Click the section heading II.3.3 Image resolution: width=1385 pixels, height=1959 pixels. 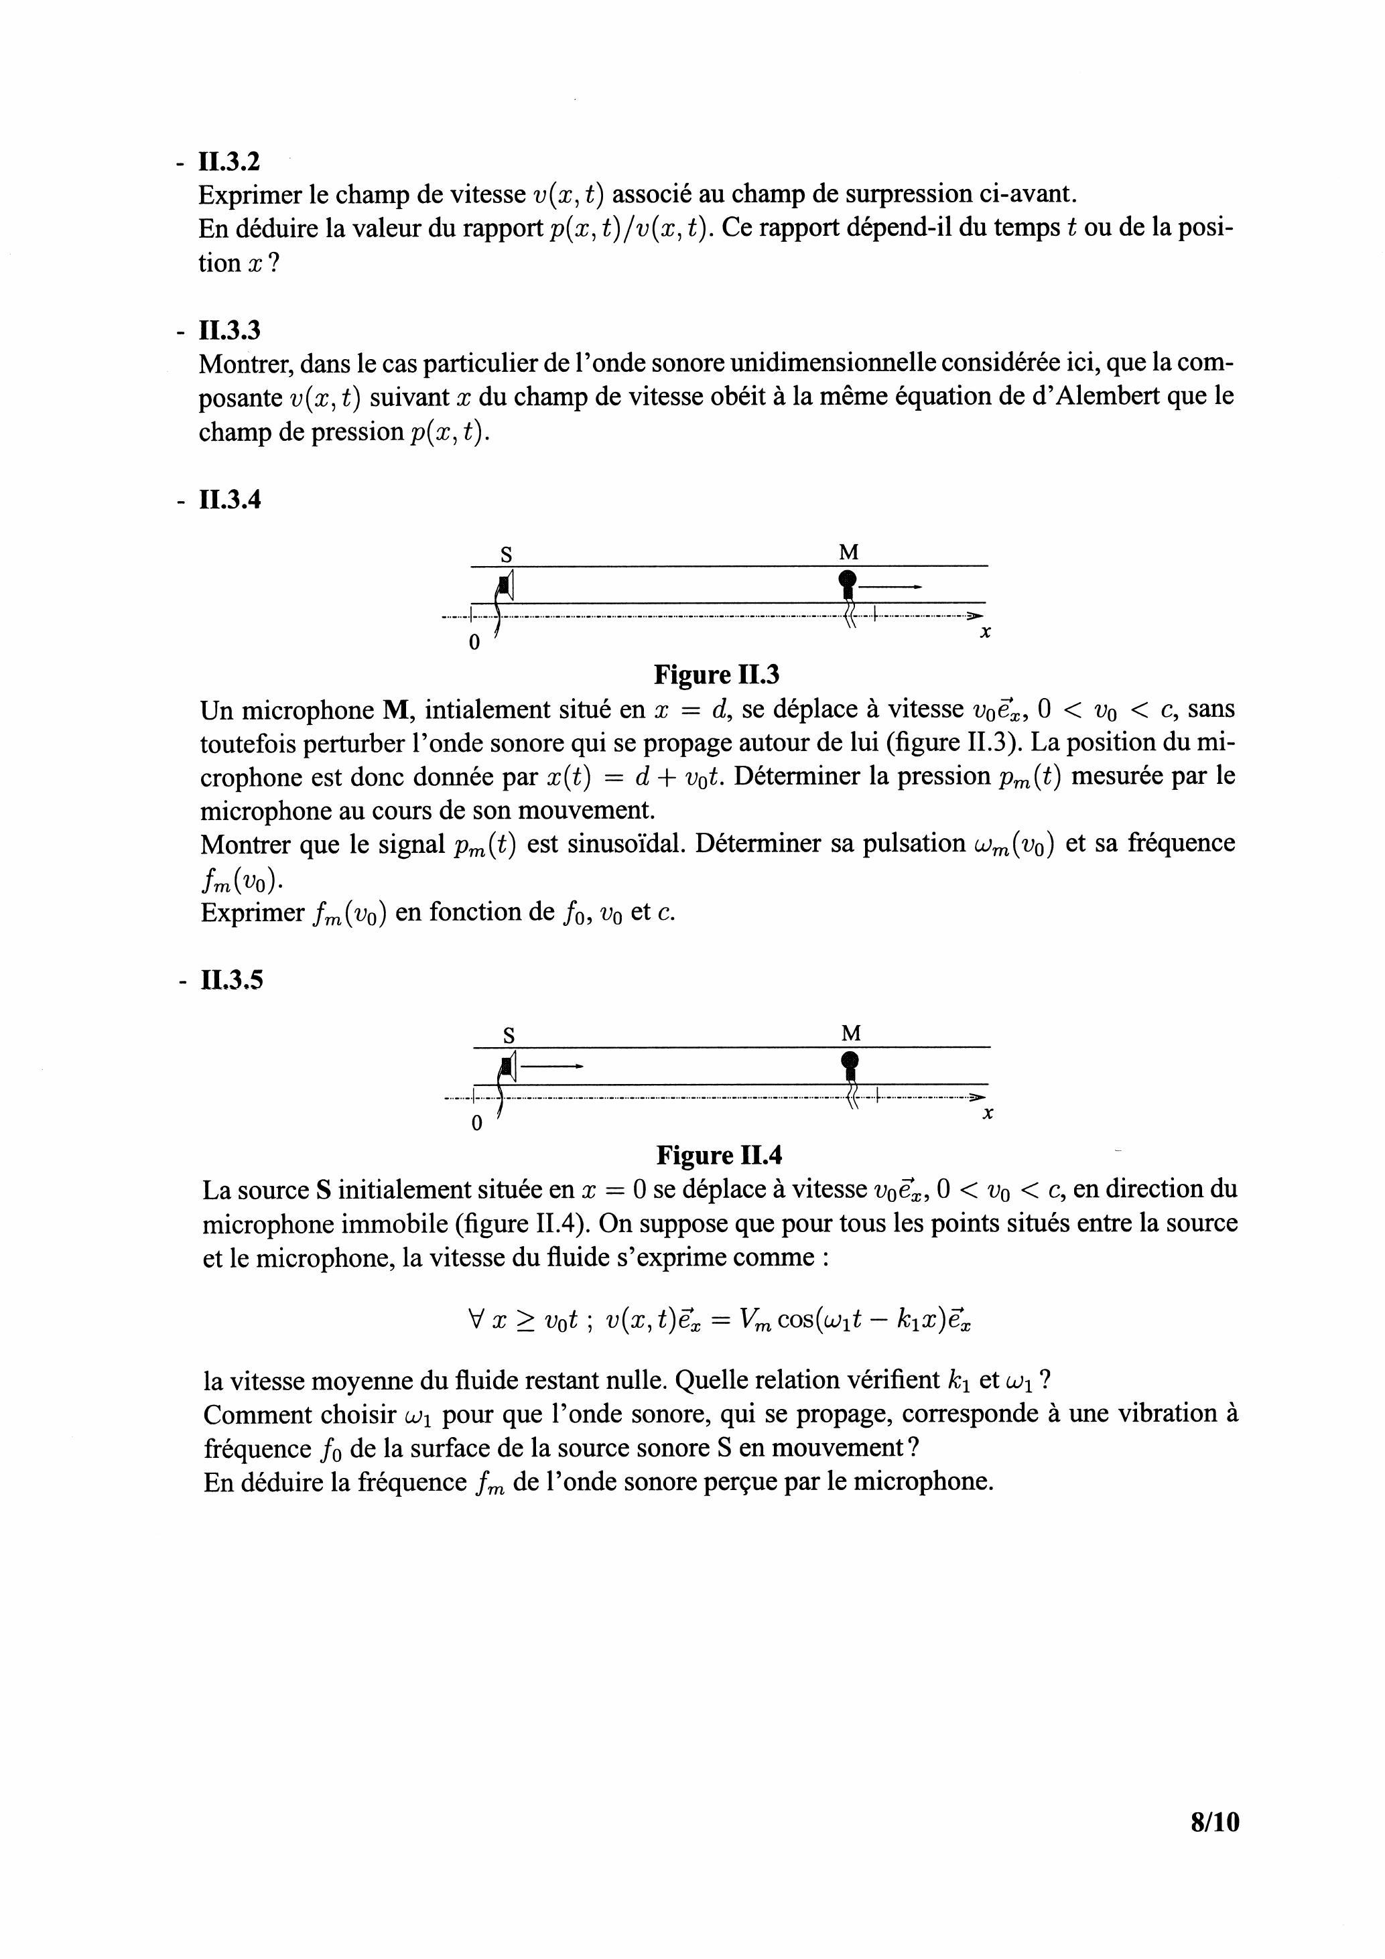[x=228, y=330]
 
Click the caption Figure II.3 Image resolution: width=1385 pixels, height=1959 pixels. [x=716, y=675]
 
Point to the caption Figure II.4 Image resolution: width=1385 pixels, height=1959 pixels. [x=718, y=1155]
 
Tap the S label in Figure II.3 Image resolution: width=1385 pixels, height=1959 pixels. [x=506, y=555]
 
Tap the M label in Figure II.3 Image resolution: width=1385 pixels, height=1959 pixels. [x=848, y=553]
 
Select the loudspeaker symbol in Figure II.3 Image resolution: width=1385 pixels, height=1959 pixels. [x=507, y=586]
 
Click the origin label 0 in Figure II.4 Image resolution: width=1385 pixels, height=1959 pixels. [x=477, y=1123]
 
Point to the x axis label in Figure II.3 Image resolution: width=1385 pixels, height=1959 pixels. [x=985, y=633]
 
